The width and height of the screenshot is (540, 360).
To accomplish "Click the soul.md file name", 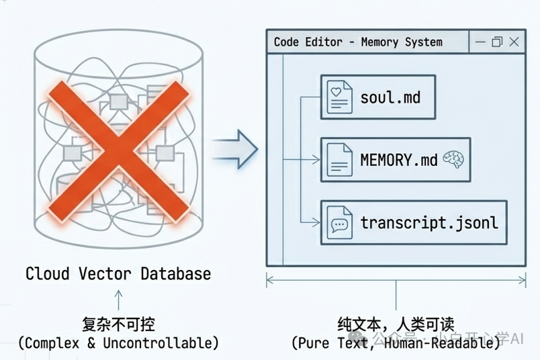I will [x=390, y=97].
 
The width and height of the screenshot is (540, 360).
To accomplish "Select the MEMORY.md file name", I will [x=398, y=160].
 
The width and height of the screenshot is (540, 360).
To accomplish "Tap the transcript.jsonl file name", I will [x=429, y=222].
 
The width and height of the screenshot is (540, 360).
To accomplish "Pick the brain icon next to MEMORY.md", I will [x=454, y=160].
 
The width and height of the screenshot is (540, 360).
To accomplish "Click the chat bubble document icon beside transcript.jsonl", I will [x=339, y=222].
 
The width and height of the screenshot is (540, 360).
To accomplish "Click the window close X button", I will [x=514, y=42].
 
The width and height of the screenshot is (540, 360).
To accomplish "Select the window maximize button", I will [x=497, y=42].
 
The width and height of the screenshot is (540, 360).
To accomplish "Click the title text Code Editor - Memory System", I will [x=358, y=42].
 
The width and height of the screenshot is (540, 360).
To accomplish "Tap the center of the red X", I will [x=118, y=146].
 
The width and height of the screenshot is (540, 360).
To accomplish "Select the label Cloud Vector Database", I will [x=118, y=274].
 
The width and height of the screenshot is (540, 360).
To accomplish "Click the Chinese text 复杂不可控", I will [x=118, y=324].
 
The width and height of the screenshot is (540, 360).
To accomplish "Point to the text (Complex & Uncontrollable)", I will [x=118, y=343].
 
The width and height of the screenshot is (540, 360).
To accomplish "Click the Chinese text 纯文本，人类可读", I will [x=396, y=324].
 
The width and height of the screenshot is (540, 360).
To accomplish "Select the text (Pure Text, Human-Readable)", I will [x=396, y=343].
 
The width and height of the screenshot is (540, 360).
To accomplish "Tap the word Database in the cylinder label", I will [x=175, y=274].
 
